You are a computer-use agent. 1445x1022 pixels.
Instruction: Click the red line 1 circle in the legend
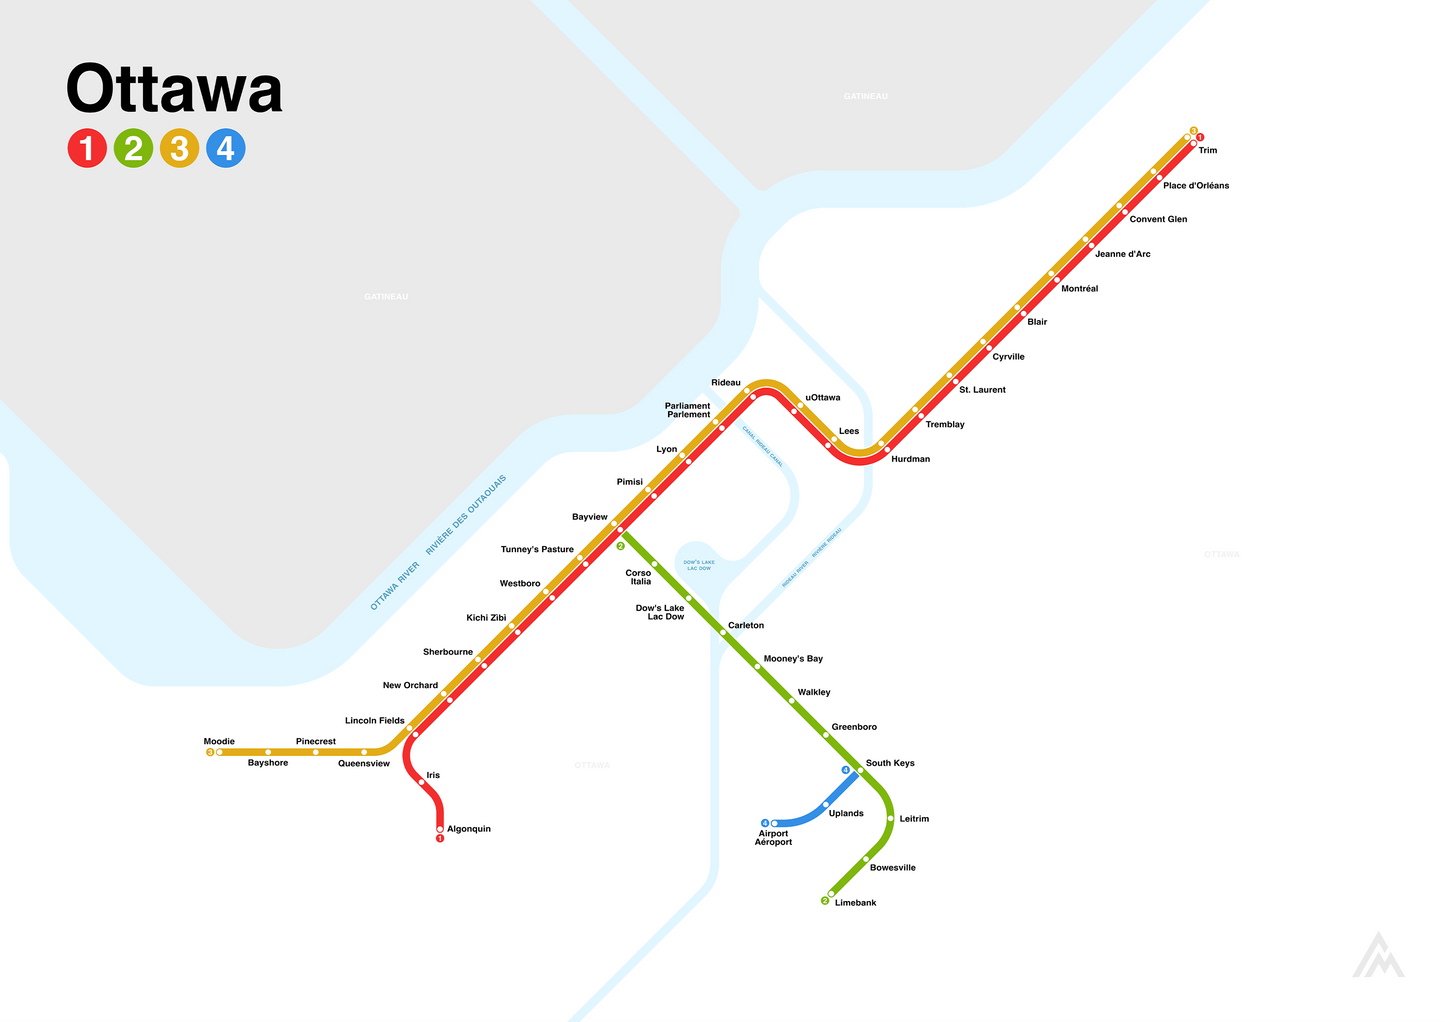coord(87,149)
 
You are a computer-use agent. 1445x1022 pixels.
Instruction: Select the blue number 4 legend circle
coord(226,149)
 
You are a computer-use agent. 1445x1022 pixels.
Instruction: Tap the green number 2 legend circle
coord(133,149)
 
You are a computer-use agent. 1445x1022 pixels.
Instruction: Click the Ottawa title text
coord(174,90)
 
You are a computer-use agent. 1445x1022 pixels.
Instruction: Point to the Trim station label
coord(1208,151)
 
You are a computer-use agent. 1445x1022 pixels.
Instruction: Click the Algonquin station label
coord(468,829)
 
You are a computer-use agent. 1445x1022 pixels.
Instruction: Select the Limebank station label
coord(855,903)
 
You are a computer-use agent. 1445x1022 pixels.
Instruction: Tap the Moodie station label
coord(219,742)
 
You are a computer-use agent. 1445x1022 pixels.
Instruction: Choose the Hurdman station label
coord(910,460)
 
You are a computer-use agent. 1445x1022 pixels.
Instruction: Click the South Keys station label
coord(890,763)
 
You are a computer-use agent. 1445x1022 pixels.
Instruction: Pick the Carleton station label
coord(746,626)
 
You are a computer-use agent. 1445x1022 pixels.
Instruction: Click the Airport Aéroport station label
coord(773,838)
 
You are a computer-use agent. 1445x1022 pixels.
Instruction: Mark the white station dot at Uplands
coord(826,804)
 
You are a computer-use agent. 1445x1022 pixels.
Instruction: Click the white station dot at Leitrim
coord(890,819)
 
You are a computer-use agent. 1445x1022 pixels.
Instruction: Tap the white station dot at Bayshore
coord(268,752)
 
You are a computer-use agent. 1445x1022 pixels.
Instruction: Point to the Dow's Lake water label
coord(699,565)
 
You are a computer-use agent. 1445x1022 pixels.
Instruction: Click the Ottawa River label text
coord(395,586)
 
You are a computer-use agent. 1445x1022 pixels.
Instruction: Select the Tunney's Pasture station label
coord(537,550)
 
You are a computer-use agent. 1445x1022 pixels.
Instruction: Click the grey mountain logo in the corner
coord(1378,956)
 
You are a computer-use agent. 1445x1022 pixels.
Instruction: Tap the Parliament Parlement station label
coord(688,410)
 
